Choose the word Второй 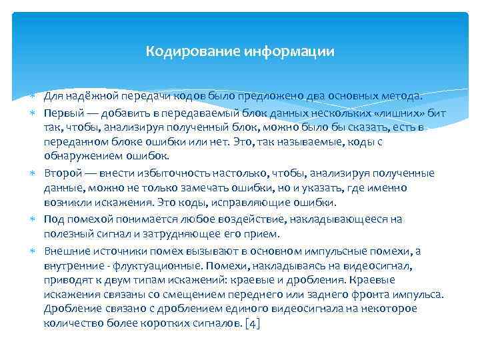click(61, 173)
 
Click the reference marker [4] click(253, 323)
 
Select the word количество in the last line click(69, 323)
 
